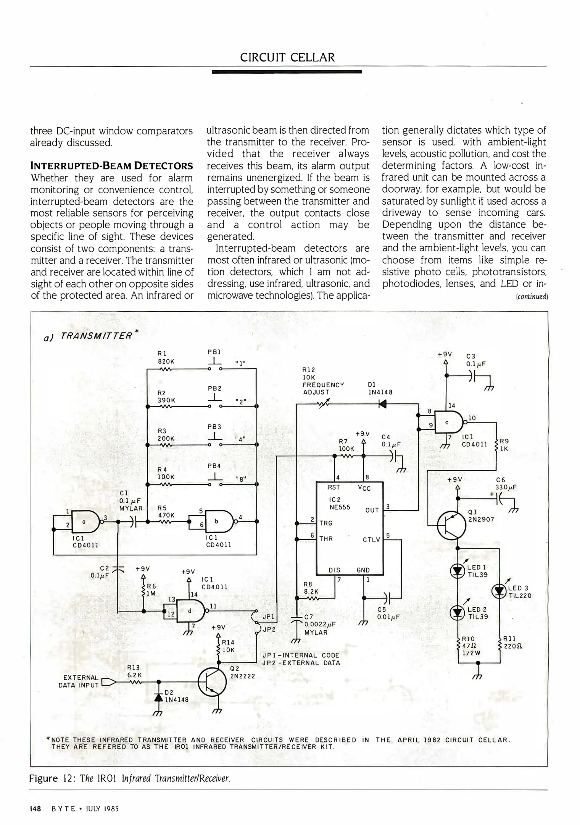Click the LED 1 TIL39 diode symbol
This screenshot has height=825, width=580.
click(457, 571)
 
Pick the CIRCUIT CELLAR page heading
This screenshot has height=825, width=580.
click(287, 57)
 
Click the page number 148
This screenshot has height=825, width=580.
click(35, 809)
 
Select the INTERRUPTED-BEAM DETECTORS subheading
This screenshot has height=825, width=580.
click(111, 166)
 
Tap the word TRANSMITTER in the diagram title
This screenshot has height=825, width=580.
click(97, 336)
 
